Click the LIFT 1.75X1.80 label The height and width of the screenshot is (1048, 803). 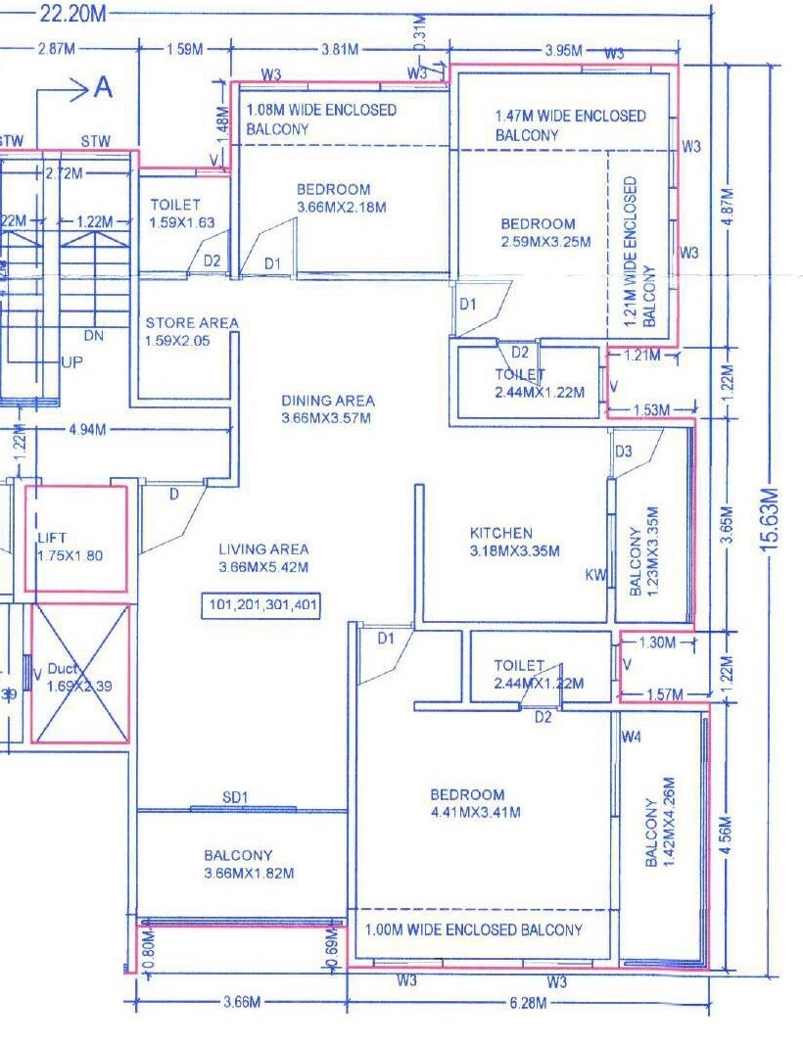[70, 548]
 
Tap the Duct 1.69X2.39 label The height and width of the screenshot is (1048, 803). [78, 678]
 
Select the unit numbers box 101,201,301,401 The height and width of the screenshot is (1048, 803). [261, 605]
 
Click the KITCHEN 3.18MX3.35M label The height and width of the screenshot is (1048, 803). [514, 542]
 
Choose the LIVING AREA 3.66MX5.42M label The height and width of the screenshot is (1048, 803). [263, 558]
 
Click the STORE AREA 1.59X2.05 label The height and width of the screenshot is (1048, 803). [191, 331]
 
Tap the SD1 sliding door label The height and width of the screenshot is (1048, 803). [234, 798]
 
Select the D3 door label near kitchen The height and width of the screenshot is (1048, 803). [624, 451]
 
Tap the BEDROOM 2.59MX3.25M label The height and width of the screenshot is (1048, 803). [538, 232]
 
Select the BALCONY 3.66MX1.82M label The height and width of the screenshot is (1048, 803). [238, 864]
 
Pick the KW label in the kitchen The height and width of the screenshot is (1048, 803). [595, 575]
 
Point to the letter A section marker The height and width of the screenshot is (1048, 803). [102, 88]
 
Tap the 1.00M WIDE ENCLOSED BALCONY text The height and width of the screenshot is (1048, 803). [473, 929]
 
